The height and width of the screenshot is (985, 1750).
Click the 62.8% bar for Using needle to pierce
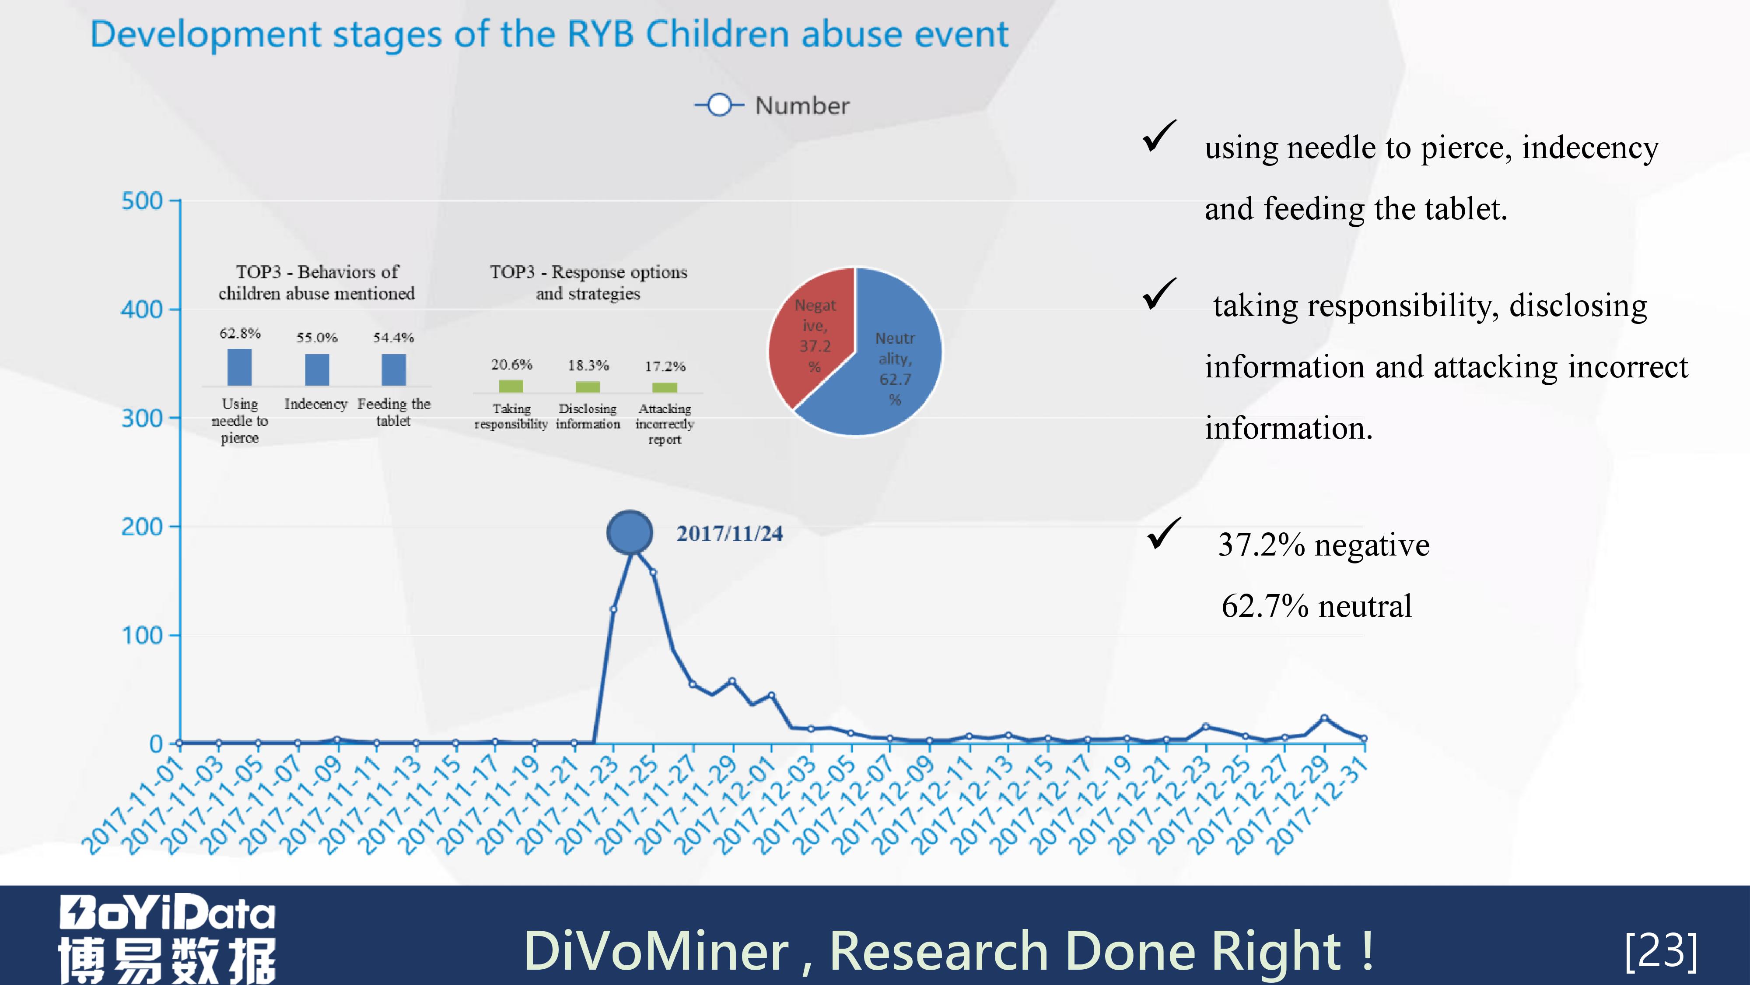click(239, 367)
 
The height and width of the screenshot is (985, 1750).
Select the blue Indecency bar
click(317, 369)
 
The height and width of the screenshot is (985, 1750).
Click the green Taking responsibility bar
click(511, 386)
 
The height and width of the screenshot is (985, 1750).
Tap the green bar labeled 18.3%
click(588, 387)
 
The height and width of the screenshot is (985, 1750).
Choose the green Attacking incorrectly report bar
click(665, 387)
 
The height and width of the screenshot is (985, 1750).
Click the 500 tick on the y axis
click(142, 201)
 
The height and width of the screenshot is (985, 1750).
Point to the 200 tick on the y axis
click(142, 527)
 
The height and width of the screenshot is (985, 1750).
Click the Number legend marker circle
click(719, 106)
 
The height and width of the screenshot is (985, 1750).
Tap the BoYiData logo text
click(167, 913)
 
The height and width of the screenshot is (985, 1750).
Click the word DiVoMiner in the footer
click(655, 950)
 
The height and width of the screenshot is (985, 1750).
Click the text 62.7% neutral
click(1316, 606)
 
